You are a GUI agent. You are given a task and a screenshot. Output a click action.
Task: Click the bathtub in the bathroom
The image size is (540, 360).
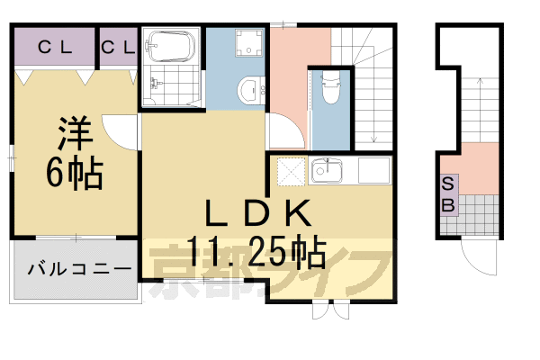coord(170,45)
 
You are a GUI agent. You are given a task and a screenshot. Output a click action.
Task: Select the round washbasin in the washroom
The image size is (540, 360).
coord(248,88)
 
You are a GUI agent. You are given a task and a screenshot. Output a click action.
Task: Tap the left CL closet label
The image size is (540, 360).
coord(54,47)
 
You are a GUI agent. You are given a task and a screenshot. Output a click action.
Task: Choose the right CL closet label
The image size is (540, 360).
coord(118,47)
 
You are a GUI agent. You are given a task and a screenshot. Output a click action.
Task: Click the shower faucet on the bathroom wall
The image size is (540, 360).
coord(156,84)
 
